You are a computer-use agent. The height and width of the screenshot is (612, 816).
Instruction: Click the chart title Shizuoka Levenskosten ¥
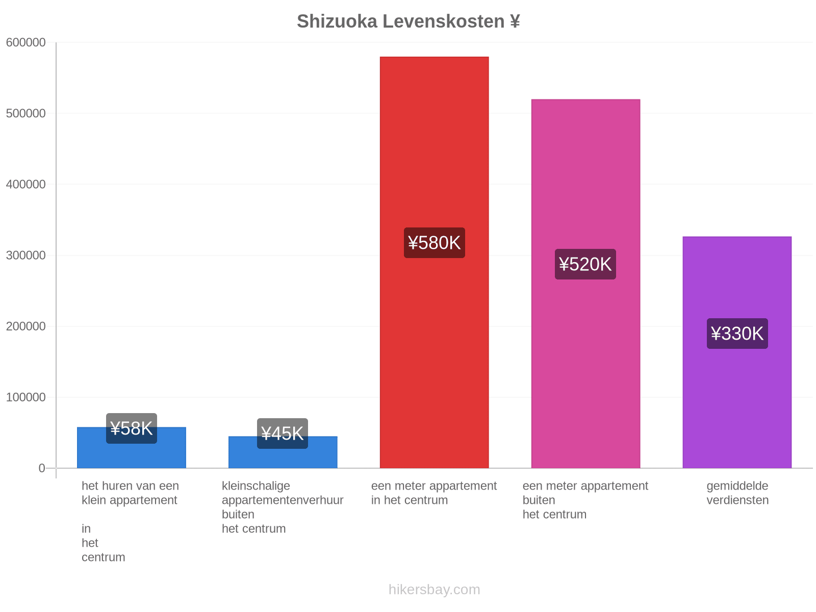pos(408,21)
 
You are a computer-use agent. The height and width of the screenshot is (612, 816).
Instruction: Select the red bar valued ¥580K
pos(434,262)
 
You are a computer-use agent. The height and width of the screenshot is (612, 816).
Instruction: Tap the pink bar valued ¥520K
pos(585,283)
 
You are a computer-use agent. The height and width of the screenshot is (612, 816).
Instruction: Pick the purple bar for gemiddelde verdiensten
pos(736,352)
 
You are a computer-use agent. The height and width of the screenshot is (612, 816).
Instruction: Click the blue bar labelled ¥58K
pos(131,447)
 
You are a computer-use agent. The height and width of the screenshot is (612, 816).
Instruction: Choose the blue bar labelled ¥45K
pos(283,452)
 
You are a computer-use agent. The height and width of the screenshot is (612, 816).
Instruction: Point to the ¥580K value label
pos(434,243)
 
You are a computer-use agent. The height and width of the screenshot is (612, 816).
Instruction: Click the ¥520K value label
pos(585,264)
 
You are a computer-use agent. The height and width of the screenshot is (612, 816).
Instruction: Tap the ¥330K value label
pos(737,334)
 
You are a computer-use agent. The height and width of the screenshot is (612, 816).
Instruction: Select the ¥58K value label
pos(131,428)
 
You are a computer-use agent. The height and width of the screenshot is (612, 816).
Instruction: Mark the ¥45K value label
pos(282,433)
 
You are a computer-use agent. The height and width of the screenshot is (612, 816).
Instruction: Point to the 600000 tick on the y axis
pos(25,42)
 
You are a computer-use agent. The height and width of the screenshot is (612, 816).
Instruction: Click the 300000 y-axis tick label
pos(25,256)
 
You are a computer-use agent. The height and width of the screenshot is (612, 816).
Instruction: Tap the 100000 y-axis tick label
pos(25,397)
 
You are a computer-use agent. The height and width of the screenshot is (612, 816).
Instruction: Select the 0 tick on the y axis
pos(42,468)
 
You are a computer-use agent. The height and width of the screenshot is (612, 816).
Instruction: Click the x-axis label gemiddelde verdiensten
pos(737,493)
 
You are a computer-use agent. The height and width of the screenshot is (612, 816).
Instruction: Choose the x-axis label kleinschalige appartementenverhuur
pos(282,493)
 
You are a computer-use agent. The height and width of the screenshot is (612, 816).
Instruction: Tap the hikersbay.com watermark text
pos(434,590)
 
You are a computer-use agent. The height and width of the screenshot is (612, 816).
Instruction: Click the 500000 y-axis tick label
pos(25,113)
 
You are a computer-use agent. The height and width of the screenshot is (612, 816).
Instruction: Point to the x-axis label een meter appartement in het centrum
pos(433,493)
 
